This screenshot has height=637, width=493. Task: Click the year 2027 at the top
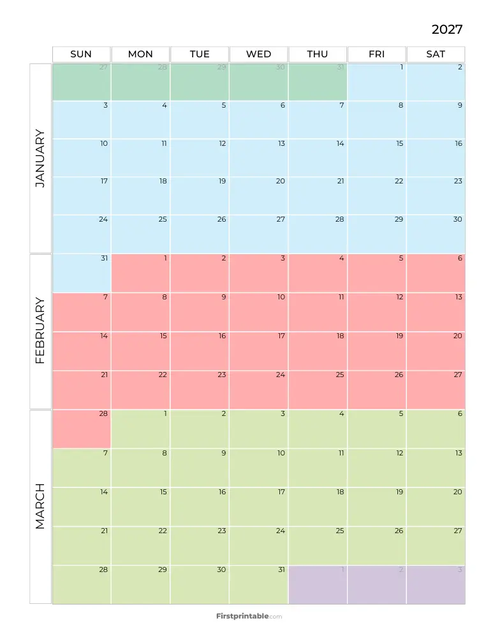pyautogui.click(x=446, y=29)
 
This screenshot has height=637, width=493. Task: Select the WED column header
pyautogui.click(x=258, y=54)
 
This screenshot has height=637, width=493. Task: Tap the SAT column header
pyautogui.click(x=436, y=54)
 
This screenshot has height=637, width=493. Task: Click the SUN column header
pyautogui.click(x=81, y=54)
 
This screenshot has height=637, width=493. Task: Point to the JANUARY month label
pyautogui.click(x=40, y=158)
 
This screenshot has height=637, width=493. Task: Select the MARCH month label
pyautogui.click(x=40, y=506)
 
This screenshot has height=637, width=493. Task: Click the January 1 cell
pyautogui.click(x=377, y=82)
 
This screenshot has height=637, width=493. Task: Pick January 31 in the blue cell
pyautogui.click(x=81, y=273)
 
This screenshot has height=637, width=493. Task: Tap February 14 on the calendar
pyautogui.click(x=81, y=350)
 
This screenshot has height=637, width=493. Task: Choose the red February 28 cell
pyautogui.click(x=81, y=429)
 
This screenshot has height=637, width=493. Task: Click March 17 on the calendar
pyautogui.click(x=258, y=506)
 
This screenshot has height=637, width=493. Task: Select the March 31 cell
pyautogui.click(x=258, y=584)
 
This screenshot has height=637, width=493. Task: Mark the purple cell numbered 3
pyautogui.click(x=436, y=584)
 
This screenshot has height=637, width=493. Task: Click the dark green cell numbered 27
pyautogui.click(x=81, y=82)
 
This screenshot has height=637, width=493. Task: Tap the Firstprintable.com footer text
pyautogui.click(x=249, y=616)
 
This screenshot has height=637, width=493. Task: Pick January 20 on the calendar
pyautogui.click(x=258, y=196)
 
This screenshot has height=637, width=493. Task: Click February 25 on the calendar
pyautogui.click(x=318, y=389)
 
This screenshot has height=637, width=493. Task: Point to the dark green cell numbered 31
pyautogui.click(x=318, y=82)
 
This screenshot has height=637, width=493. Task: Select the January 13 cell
pyautogui.click(x=258, y=157)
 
